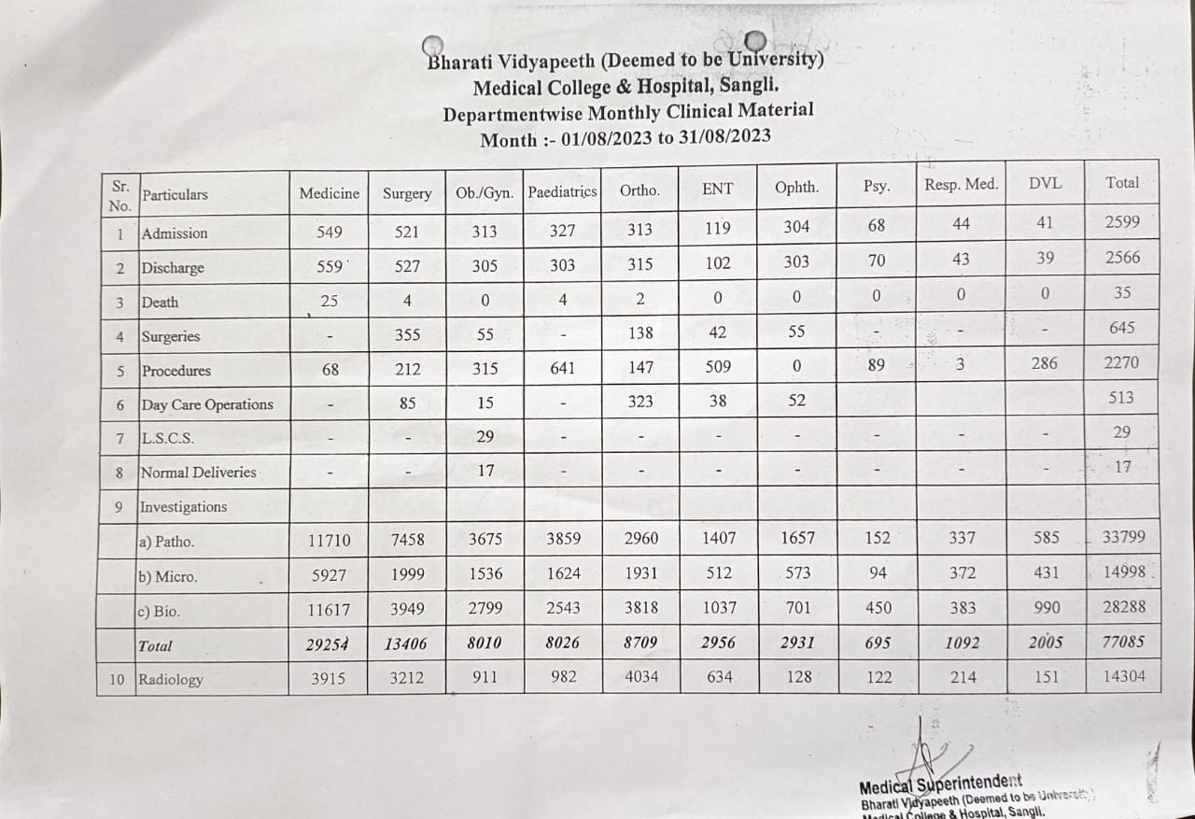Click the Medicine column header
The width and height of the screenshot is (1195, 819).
pos(329,193)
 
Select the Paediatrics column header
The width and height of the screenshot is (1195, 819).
pos(562,191)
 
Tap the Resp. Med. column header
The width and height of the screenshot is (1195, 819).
pos(961,184)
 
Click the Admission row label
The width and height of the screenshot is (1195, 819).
pos(175,233)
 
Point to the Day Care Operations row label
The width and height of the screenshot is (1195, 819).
pos(206,404)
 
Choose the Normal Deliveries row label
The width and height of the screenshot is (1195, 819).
pos(198,473)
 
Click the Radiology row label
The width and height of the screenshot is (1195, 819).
pos(170,679)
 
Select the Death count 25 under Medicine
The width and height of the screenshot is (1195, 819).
pos(329,301)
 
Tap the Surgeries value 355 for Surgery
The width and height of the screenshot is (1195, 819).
pos(407,334)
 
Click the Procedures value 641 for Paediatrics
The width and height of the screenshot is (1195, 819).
pos(562,368)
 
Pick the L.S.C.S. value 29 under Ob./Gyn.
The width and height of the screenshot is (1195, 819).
pos(485,436)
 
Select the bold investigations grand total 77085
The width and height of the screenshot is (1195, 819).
pos(1122,642)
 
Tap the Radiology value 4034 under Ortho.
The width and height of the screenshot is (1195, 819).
pos(640,677)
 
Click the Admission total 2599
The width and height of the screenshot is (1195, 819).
pos(1121,224)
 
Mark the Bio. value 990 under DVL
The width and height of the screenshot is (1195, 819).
pos(1047,607)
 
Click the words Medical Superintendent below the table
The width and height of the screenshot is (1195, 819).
pos(940,783)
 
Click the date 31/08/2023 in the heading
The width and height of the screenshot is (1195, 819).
pos(717,137)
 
